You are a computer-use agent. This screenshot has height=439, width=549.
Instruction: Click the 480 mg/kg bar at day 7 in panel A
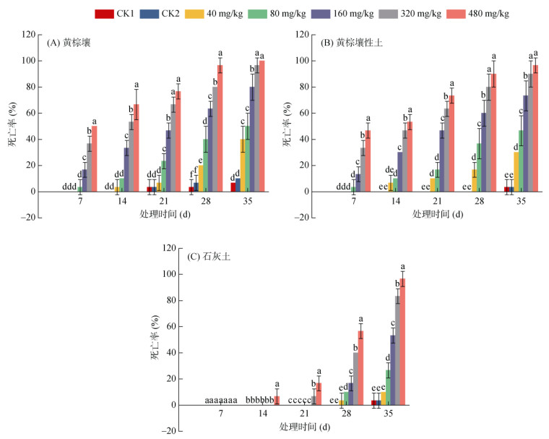pyautogui.click(x=94, y=159)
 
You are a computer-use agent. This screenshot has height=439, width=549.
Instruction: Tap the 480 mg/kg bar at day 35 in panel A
pyautogui.click(x=261, y=126)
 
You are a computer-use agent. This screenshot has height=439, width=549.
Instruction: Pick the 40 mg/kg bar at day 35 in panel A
pyautogui.click(x=244, y=166)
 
